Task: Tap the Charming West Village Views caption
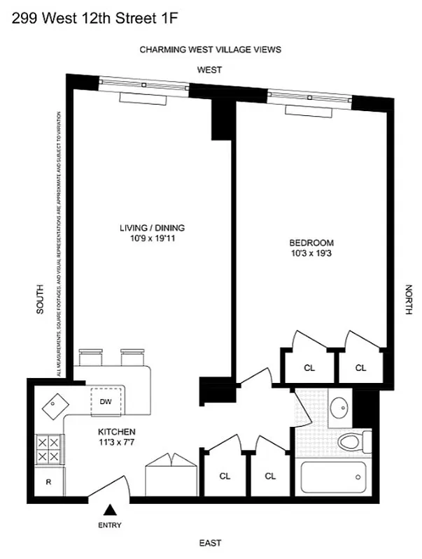(210, 50)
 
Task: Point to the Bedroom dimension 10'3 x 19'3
(311, 254)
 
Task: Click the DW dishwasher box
(106, 402)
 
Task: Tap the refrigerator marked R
(48, 481)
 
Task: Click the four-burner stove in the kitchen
(49, 449)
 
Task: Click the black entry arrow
(110, 512)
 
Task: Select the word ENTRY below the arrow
(110, 525)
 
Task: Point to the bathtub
(333, 479)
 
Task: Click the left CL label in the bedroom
(309, 368)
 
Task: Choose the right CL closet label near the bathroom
(270, 476)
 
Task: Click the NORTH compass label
(408, 300)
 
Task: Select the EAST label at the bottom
(210, 543)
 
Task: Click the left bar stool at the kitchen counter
(90, 358)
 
